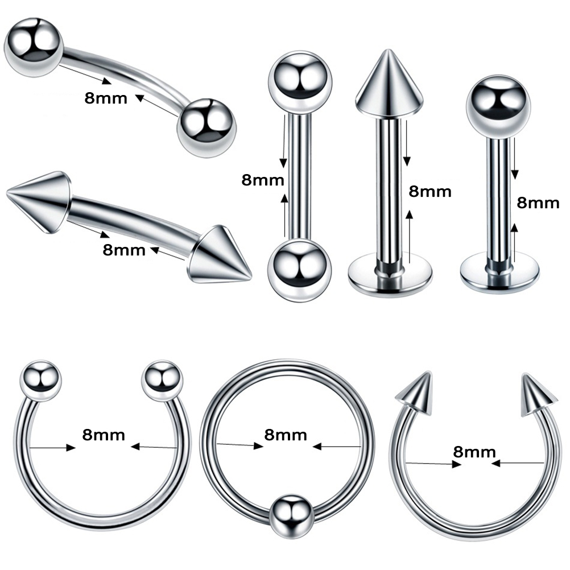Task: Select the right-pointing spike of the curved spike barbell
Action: click(x=222, y=255)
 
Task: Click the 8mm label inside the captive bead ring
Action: click(x=286, y=435)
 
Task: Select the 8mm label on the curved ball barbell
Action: click(x=106, y=97)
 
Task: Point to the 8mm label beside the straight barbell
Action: click(x=263, y=180)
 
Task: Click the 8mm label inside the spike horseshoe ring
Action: click(x=474, y=452)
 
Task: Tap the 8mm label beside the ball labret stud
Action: click(x=538, y=203)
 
